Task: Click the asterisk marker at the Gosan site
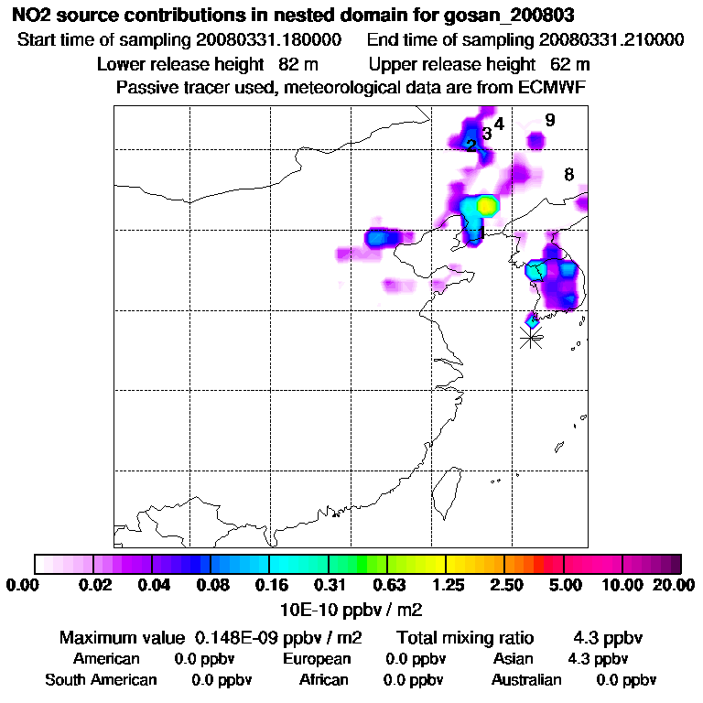pos(531,338)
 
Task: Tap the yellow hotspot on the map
pos(487,206)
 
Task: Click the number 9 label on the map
pos(549,120)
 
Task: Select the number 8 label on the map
pos(568,175)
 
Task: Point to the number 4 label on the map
pos(499,124)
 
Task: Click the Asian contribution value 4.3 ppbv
pos(599,658)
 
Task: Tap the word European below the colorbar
pos(317,658)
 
